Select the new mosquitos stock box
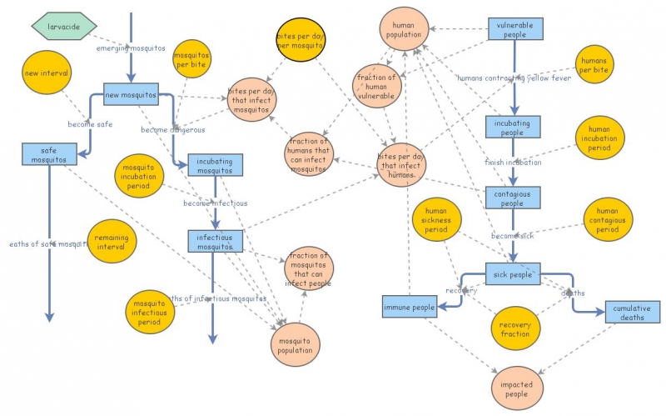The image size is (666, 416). click(131, 94)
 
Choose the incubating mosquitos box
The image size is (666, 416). click(215, 165)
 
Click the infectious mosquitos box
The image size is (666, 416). click(215, 241)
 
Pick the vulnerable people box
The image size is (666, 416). click(515, 30)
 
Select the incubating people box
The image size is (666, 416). click(514, 127)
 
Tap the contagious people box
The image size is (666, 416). click(514, 198)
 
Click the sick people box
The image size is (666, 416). click(513, 273)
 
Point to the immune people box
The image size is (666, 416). click(410, 308)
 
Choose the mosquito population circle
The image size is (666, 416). click(296, 345)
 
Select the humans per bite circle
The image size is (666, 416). click(594, 66)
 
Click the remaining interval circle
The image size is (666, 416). click(111, 242)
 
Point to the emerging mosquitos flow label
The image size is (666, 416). click(131, 48)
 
